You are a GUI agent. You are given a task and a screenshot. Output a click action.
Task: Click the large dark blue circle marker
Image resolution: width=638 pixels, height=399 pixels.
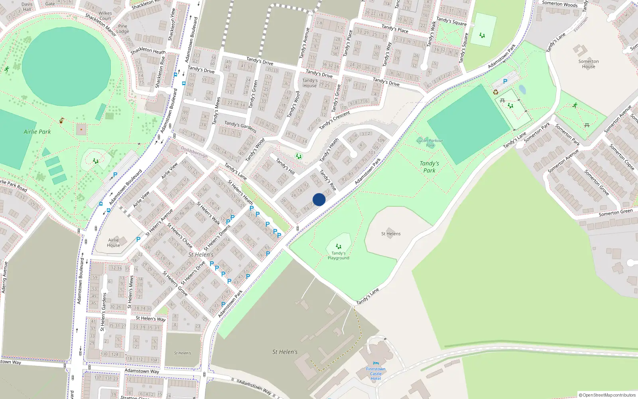click(x=319, y=199)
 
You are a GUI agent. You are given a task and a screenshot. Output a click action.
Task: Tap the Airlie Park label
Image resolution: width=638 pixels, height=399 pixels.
click(x=37, y=132)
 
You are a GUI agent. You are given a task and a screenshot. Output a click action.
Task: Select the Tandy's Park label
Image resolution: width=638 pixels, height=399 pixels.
click(x=429, y=167)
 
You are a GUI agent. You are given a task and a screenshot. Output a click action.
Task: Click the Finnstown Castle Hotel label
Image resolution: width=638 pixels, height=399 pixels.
click(x=376, y=373)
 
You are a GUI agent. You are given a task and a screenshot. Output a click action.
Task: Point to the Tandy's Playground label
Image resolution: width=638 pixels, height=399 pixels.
click(x=339, y=255)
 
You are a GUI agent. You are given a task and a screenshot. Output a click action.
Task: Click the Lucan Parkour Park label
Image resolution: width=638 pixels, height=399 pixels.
click(x=430, y=143)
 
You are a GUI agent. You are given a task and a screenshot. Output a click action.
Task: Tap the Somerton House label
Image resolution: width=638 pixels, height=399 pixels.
click(x=589, y=64)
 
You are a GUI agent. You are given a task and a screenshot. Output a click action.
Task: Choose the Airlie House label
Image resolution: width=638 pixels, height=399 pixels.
click(x=113, y=243)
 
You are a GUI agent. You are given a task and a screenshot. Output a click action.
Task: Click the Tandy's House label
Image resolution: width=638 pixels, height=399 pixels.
click(x=310, y=83)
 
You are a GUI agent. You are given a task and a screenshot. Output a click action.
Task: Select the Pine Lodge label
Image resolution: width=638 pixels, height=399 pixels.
click(x=122, y=29)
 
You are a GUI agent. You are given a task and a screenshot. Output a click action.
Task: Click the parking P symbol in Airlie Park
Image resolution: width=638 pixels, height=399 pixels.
click(x=115, y=175)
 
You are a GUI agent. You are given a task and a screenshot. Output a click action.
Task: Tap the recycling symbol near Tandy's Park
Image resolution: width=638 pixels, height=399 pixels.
click(x=496, y=92)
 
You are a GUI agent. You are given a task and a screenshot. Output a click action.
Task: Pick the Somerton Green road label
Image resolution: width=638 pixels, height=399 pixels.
click(x=615, y=213)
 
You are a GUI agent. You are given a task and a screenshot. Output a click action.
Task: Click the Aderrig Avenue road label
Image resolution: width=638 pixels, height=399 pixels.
click(x=4, y=277)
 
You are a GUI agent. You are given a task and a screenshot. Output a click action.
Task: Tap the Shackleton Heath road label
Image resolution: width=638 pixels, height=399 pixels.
click(x=148, y=51)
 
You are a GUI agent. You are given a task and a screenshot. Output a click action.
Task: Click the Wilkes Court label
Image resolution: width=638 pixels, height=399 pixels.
click(x=105, y=16)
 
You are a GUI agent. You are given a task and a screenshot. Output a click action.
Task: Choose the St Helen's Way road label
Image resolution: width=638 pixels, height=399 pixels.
click(x=150, y=318)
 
